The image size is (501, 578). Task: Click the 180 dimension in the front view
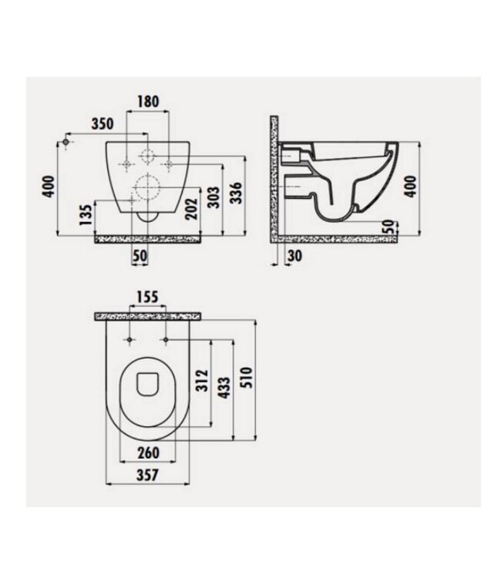[148, 101]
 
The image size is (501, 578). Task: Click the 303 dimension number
[214, 197]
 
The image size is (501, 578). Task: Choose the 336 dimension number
[239, 189]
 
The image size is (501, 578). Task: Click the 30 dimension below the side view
[294, 256]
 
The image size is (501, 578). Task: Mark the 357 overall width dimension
[146, 476]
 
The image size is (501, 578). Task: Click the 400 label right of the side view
[410, 185]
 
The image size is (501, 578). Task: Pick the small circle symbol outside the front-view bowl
[68, 143]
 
